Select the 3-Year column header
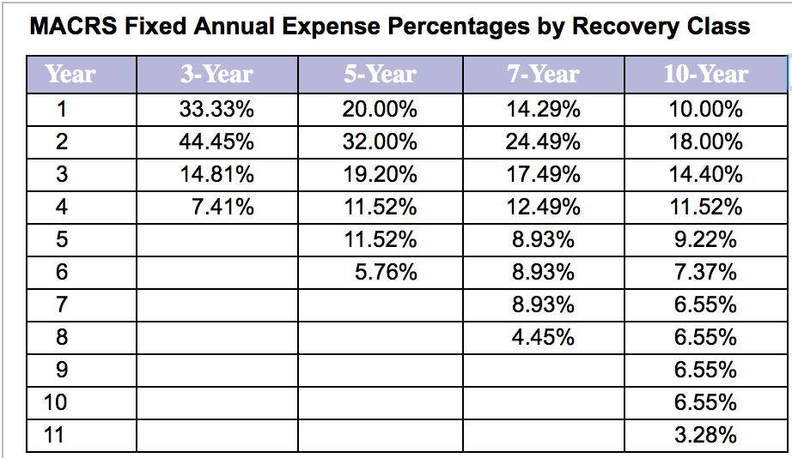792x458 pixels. click(216, 74)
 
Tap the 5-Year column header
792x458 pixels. click(380, 74)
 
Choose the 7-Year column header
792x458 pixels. click(543, 74)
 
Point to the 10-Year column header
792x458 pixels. click(705, 74)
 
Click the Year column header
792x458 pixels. click(70, 74)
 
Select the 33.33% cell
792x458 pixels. click(216, 110)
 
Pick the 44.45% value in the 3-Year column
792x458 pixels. click(216, 142)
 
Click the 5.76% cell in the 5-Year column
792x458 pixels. click(386, 273)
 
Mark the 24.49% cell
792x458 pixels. click(543, 142)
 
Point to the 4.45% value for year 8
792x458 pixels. click(543, 337)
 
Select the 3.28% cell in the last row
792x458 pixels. click(705, 435)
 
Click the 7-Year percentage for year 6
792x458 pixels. click(543, 273)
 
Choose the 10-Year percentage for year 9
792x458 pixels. click(705, 370)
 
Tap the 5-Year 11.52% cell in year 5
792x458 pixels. click(380, 239)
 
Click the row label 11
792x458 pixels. click(55, 435)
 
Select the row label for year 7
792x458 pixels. click(61, 305)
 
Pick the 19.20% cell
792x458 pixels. click(380, 175)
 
